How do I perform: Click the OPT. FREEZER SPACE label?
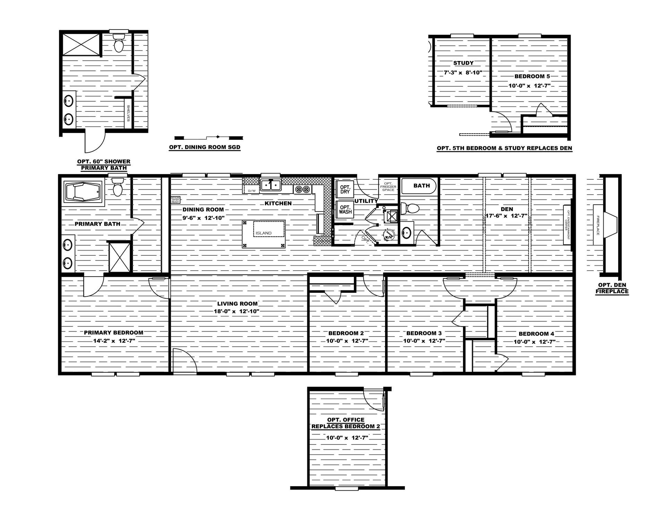point(388,186)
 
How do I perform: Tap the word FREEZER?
point(388,187)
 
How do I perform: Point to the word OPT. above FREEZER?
point(388,183)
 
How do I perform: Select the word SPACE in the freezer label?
point(388,190)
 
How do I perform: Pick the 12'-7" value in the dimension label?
point(519,216)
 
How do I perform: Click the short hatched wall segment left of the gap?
point(250,181)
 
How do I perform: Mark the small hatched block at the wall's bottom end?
point(323,240)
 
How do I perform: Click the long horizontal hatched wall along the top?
point(305,181)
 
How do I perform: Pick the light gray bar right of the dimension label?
point(546,207)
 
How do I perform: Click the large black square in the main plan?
point(265,234)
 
